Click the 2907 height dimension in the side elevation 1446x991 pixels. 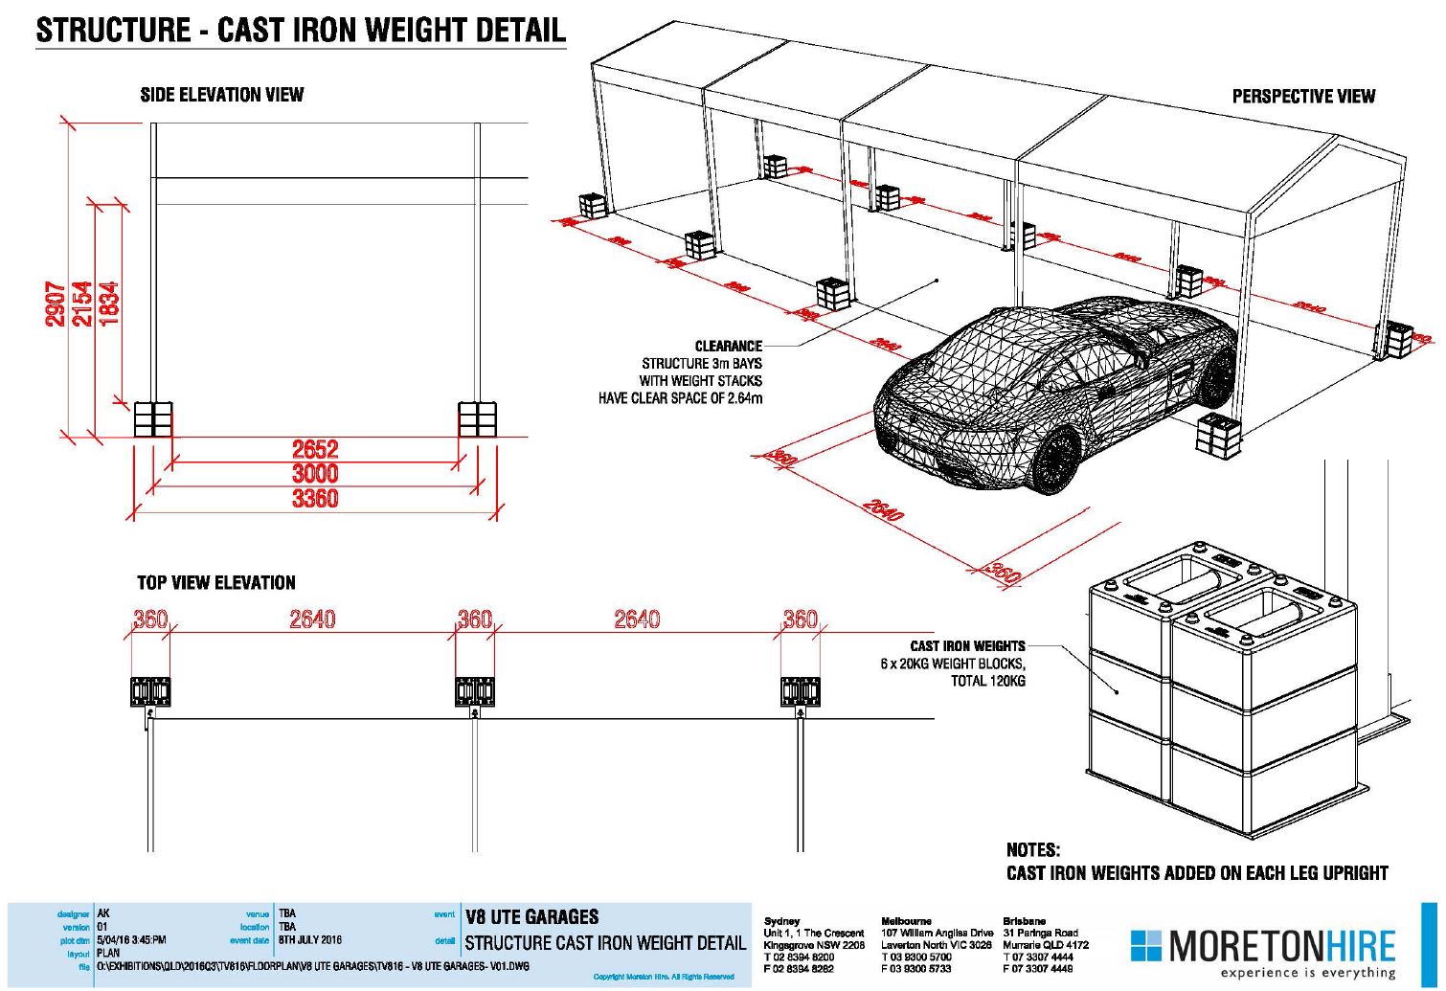pyautogui.click(x=56, y=304)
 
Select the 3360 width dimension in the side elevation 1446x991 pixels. pyautogui.click(x=315, y=499)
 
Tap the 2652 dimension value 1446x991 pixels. pyautogui.click(x=315, y=449)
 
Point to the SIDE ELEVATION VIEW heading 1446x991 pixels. pyautogui.click(x=221, y=95)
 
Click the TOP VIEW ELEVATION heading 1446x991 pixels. pyautogui.click(x=215, y=583)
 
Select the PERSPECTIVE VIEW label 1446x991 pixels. pyautogui.click(x=1302, y=97)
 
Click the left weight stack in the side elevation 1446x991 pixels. pyautogui.click(x=153, y=419)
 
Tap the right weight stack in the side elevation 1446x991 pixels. pyautogui.click(x=477, y=419)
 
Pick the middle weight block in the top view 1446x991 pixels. pyautogui.click(x=475, y=691)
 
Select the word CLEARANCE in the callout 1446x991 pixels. pyautogui.click(x=728, y=346)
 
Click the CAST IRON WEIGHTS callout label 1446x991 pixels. pyautogui.click(x=967, y=646)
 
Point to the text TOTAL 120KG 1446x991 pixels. pyautogui.click(x=987, y=681)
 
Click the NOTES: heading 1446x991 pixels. pyautogui.click(x=1032, y=850)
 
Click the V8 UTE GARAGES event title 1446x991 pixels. pyautogui.click(x=531, y=917)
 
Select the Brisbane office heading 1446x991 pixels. pyautogui.click(x=1024, y=921)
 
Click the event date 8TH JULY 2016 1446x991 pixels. pyautogui.click(x=309, y=940)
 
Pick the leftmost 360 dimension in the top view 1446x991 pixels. pyautogui.click(x=149, y=619)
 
